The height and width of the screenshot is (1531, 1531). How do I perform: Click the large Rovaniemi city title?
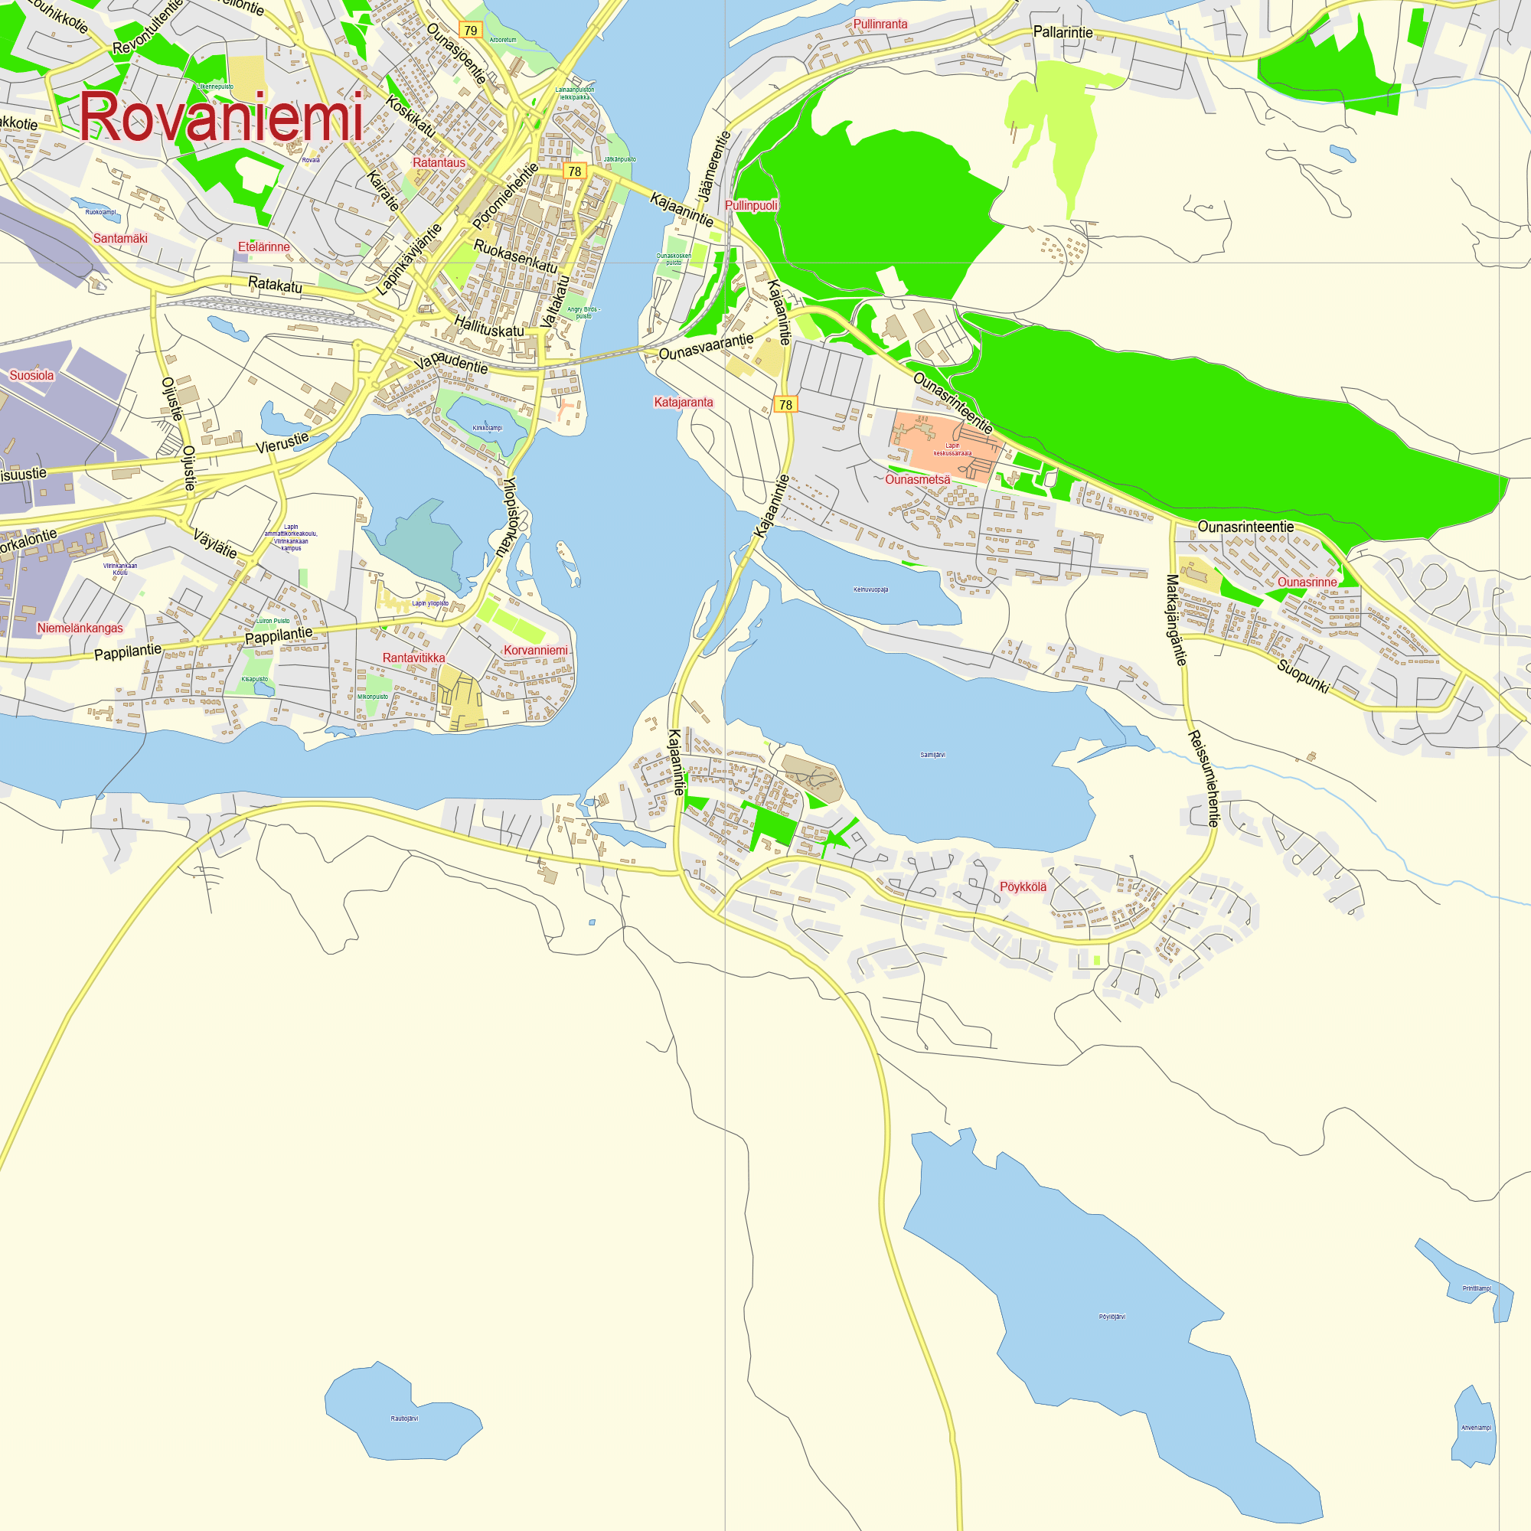pos(221,117)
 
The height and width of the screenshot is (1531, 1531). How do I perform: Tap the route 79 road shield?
pos(471,31)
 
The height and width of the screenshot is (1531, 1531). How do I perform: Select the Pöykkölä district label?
pos(1023,886)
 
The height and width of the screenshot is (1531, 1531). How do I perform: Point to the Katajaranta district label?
pos(683,403)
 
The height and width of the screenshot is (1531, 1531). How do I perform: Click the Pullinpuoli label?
pos(751,206)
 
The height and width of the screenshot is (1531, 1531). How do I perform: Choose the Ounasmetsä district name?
pos(918,479)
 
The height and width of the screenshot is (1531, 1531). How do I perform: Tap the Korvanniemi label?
pos(536,651)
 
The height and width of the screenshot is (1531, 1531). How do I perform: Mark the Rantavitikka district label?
pos(413,658)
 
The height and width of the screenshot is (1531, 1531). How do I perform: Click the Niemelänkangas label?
pos(80,628)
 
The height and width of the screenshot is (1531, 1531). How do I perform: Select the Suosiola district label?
pos(31,376)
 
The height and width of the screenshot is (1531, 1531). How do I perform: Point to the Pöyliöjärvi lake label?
pos(1112,1317)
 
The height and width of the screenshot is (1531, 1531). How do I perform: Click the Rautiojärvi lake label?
pos(404,1418)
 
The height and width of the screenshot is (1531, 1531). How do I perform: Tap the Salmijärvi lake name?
pos(932,756)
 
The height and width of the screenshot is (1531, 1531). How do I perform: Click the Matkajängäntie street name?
pos(1176,620)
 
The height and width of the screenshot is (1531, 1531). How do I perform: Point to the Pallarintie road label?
pos(1063,32)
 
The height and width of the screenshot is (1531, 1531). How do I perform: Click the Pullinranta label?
pos(880,24)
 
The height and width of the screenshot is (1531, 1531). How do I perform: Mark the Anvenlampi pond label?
pos(1477,1428)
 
